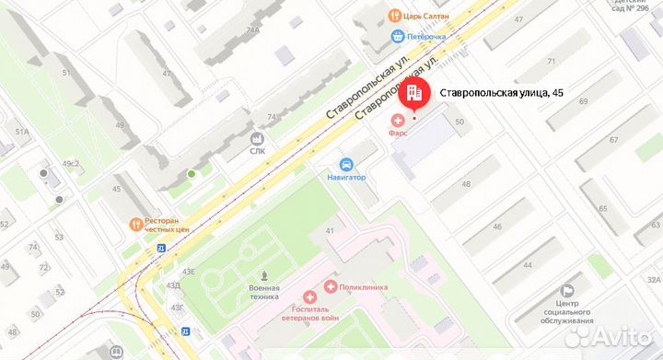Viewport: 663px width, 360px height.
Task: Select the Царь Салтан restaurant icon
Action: click(394, 15)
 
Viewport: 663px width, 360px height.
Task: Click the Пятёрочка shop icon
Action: click(397, 37)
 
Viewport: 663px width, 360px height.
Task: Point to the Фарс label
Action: click(398, 133)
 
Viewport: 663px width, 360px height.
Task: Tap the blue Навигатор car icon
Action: click(346, 163)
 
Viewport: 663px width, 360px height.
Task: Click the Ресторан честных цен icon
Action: click(135, 223)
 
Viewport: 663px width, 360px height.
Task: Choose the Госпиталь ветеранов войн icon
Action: click(310, 298)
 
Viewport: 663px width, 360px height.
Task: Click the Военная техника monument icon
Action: click(265, 274)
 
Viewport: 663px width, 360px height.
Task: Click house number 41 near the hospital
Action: click(329, 229)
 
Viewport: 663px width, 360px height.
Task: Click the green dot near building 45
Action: click(192, 173)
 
